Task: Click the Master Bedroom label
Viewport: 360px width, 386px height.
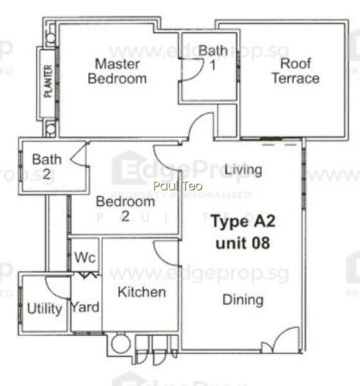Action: coord(117,71)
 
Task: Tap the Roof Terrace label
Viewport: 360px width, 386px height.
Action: coord(296,71)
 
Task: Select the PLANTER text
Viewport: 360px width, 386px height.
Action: coord(48,81)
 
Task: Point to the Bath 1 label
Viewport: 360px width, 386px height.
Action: coord(213,58)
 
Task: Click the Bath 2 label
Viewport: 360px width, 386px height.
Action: coord(47,167)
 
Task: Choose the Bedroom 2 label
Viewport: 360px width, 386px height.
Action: coord(125,208)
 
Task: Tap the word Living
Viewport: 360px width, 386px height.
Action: coord(243,170)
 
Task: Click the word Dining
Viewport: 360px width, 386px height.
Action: coord(243,300)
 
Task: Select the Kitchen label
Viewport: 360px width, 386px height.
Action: coord(142,292)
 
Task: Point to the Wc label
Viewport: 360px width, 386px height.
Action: coord(85,257)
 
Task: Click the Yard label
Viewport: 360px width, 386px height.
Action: coord(85,307)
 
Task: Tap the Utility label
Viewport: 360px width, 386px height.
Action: coord(44,309)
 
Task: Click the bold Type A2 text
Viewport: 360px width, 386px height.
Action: coord(243,221)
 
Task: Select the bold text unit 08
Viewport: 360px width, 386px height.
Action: coord(243,243)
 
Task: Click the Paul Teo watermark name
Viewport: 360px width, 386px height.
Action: coord(178,186)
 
